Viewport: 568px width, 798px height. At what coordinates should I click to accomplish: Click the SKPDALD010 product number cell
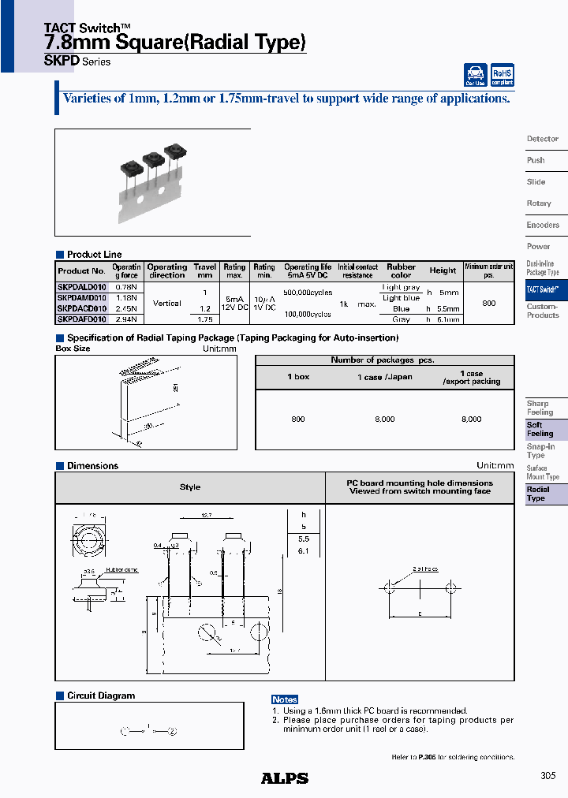click(x=81, y=288)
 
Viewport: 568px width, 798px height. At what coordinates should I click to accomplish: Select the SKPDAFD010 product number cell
click(x=81, y=319)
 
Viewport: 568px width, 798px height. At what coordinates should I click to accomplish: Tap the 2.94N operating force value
click(x=126, y=319)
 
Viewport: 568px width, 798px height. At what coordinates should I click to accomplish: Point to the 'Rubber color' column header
click(x=401, y=270)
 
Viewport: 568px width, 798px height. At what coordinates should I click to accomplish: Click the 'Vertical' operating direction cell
click(x=166, y=303)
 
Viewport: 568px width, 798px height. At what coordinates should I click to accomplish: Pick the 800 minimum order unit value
click(x=488, y=303)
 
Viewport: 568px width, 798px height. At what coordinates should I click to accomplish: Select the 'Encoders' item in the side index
click(x=543, y=225)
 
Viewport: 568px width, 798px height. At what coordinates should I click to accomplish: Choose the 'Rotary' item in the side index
click(x=539, y=203)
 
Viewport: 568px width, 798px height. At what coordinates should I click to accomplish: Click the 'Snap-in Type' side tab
click(x=540, y=451)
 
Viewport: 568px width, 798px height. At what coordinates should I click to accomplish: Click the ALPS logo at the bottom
click(x=284, y=778)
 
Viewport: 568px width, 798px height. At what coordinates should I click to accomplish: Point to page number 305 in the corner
click(x=548, y=776)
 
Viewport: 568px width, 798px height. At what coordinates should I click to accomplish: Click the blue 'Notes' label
click(x=284, y=699)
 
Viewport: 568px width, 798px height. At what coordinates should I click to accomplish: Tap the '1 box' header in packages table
click(x=298, y=377)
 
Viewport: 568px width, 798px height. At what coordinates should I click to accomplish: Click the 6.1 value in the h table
click(x=303, y=551)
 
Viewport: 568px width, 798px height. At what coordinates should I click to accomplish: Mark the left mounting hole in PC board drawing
click(x=388, y=587)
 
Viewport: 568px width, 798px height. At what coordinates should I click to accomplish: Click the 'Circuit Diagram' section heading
click(x=101, y=695)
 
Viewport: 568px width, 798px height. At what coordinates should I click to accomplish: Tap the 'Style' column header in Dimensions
click(x=190, y=487)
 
